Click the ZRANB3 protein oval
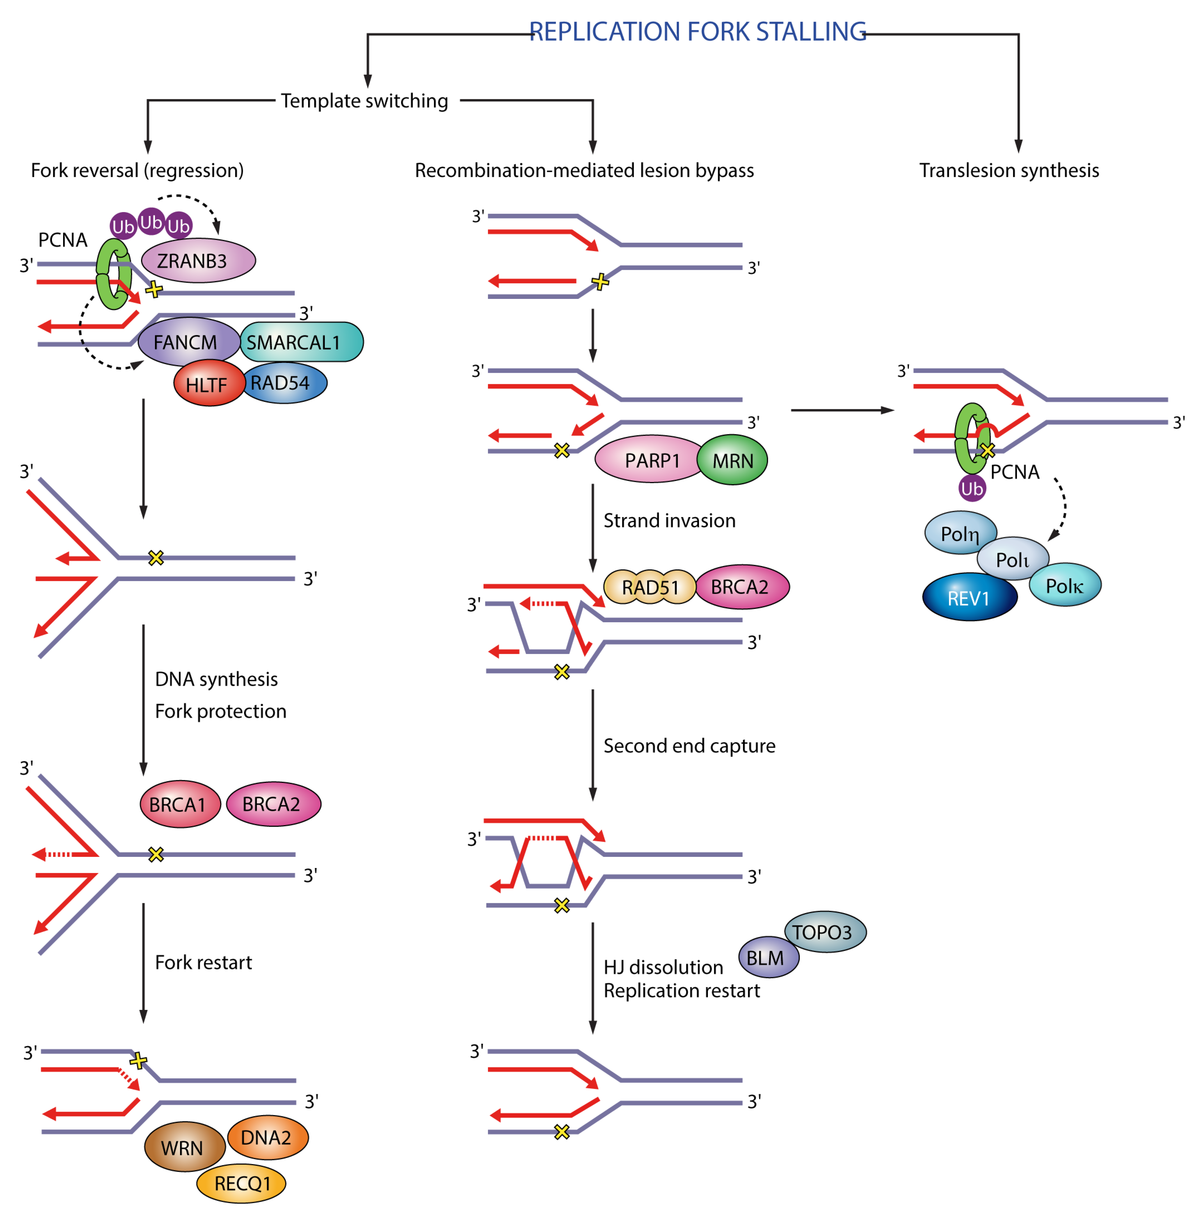198,260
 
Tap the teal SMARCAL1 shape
301,342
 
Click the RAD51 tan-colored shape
650,587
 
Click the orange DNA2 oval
267,1137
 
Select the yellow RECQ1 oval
241,1183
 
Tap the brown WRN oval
184,1147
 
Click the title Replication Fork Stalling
698,32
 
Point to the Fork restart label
203,962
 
